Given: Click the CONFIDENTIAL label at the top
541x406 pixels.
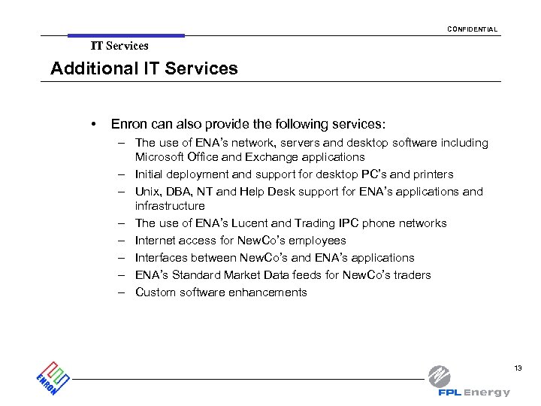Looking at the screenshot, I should point(472,29).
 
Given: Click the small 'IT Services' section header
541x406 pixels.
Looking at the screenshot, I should point(119,46).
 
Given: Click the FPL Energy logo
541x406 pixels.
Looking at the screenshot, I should point(470,382).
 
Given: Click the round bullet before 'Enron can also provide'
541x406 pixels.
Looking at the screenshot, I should point(92,123).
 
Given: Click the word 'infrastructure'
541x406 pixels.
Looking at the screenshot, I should point(170,206).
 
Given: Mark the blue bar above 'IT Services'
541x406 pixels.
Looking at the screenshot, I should point(125,35).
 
